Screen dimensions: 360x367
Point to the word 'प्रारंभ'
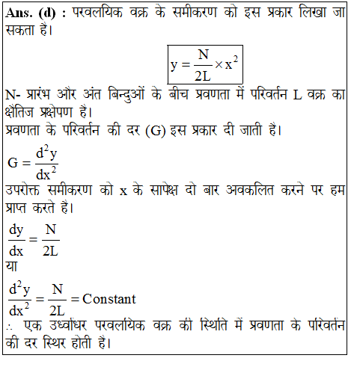pyautogui.click(x=42, y=96)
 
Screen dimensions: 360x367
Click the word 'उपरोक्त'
pyautogui.click(x=27, y=189)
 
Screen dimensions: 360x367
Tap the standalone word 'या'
pyautogui.click(x=12, y=265)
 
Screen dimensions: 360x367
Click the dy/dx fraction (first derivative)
pyautogui.click(x=16, y=241)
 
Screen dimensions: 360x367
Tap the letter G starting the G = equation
pyautogui.click(x=13, y=162)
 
